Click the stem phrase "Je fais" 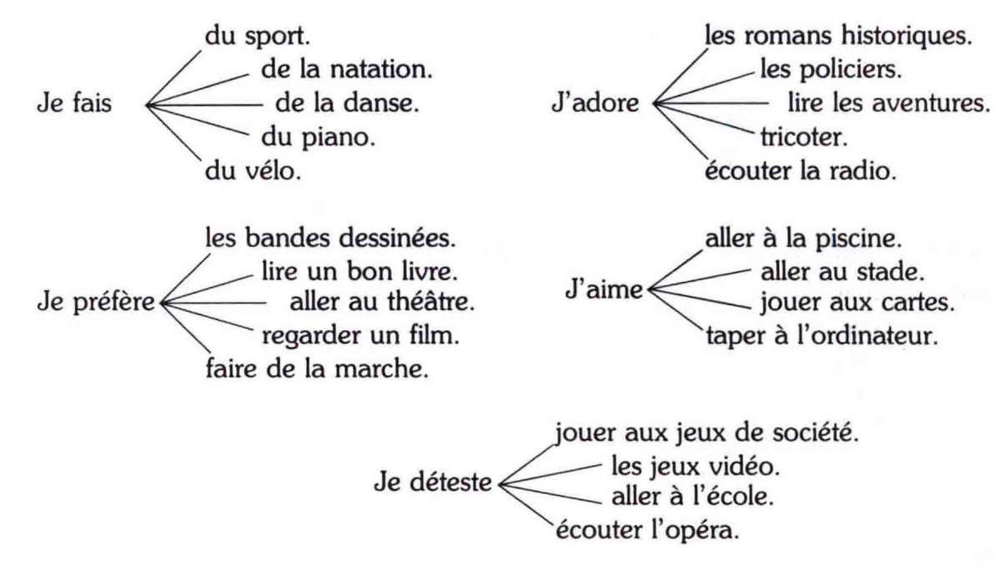[x=74, y=104]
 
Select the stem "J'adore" [x=596, y=103]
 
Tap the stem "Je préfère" [x=96, y=302]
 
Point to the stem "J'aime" [x=604, y=289]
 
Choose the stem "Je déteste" [x=433, y=482]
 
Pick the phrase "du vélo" [x=253, y=171]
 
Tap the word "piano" [x=339, y=138]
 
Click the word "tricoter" [x=804, y=137]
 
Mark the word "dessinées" [x=397, y=238]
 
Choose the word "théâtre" [x=430, y=301]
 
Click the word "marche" [x=381, y=369]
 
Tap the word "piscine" [x=858, y=240]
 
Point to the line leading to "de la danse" [x=204, y=105]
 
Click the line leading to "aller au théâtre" [x=214, y=303]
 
